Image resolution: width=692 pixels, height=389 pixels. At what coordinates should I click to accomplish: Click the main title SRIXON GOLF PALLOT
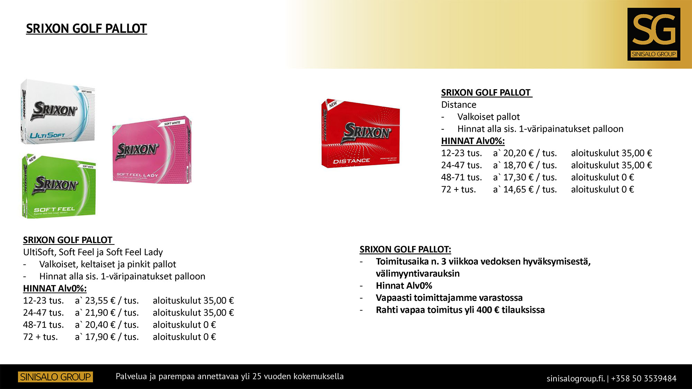click(86, 29)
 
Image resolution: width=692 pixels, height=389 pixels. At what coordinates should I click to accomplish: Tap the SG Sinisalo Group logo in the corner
click(654, 34)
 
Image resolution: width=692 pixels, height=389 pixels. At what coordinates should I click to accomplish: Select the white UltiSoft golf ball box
click(57, 111)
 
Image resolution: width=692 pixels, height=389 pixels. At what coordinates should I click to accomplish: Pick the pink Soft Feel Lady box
click(152, 150)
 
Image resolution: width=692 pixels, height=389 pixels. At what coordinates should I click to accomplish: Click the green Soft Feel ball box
click(59, 186)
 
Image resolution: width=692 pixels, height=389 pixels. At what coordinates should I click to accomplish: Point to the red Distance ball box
click(361, 134)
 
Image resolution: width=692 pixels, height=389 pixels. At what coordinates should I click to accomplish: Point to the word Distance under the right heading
click(458, 105)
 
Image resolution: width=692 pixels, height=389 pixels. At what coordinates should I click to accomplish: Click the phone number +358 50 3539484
click(644, 379)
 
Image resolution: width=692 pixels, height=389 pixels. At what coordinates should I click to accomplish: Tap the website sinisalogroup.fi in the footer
click(575, 379)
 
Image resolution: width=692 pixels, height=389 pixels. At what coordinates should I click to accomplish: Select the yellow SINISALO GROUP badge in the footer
click(55, 377)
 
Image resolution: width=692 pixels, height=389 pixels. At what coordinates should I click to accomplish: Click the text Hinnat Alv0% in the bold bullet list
click(404, 286)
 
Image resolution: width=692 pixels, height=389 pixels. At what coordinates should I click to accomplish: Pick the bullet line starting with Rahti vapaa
click(460, 310)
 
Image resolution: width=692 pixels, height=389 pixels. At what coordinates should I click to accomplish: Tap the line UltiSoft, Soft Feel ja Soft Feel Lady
click(93, 252)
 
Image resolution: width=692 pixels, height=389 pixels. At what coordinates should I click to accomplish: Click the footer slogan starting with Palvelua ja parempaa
click(229, 376)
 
